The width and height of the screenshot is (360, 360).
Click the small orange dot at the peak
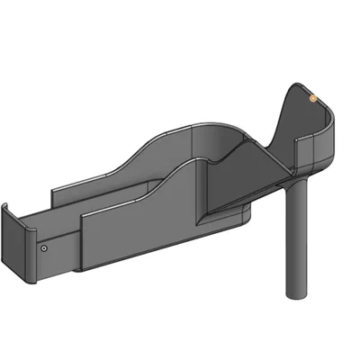312,96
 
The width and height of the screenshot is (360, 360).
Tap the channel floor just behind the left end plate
54,216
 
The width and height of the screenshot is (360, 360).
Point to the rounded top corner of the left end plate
7,208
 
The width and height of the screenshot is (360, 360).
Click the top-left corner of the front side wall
83,216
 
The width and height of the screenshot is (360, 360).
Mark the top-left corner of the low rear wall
54,190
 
